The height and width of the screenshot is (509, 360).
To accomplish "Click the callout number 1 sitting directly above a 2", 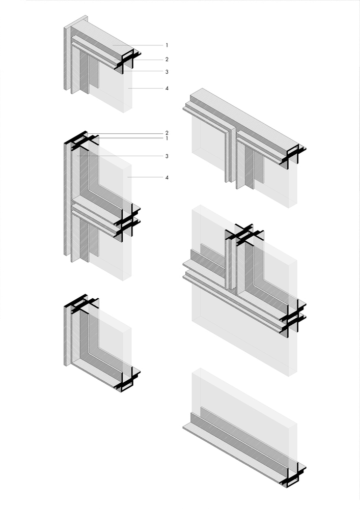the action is click(167, 45).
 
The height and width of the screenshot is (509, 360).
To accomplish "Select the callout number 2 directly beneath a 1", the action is click(167, 60).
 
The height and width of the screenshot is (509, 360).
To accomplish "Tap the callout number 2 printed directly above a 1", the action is click(167, 133).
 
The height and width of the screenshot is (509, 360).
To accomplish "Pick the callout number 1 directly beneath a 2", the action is click(167, 138).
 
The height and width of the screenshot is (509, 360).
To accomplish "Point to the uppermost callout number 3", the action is click(167, 72).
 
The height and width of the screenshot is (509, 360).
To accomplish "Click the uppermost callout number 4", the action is click(167, 88).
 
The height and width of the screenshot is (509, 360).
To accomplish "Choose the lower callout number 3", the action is click(167, 156).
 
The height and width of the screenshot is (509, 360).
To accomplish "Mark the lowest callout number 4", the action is click(167, 178).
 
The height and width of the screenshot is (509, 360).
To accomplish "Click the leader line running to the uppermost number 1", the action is click(137, 45).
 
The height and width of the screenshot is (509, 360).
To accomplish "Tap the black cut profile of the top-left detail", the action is click(128, 61).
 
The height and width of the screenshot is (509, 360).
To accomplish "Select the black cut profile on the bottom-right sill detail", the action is click(293, 474).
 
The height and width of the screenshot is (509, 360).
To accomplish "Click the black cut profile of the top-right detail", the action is click(293, 156).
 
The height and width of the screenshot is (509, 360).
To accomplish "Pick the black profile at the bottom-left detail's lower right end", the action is click(128, 379).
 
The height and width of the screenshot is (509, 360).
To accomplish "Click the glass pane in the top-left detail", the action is click(111, 87).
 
